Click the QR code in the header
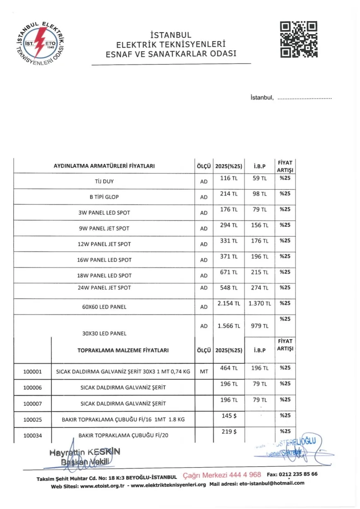[x=299, y=39]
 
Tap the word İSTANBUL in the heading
[x=171, y=36]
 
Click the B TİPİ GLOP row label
[x=104, y=197]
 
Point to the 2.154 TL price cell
[x=228, y=303]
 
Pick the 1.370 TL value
[x=259, y=303]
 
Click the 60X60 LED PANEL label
[x=104, y=307]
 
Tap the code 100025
[x=32, y=420]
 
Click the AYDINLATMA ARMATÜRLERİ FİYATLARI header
[x=104, y=166]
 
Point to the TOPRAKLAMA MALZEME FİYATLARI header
[x=123, y=350]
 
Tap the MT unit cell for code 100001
[x=204, y=372]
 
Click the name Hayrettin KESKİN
[x=85, y=452]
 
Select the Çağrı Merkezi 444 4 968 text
[x=222, y=474]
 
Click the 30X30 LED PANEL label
[x=104, y=333]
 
